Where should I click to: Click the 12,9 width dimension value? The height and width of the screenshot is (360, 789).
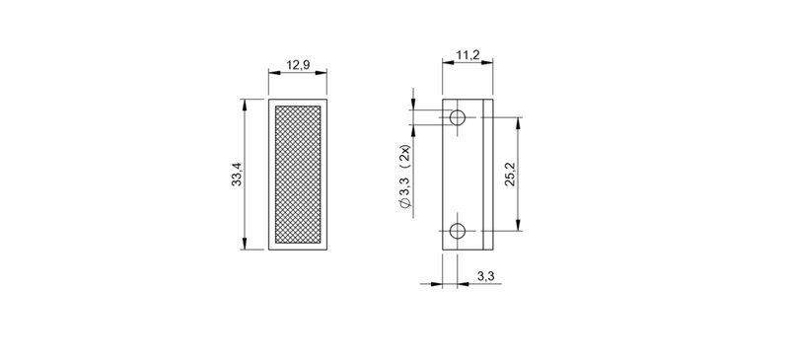[x=297, y=65]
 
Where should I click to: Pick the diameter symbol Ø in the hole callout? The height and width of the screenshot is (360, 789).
[x=405, y=201]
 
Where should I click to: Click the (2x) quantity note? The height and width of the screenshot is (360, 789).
[x=405, y=154]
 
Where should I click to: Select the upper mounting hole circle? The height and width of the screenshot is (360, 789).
[x=457, y=118]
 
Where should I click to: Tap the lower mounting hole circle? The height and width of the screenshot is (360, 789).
[x=457, y=232]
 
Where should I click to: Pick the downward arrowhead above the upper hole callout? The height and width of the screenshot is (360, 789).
[x=415, y=107]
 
